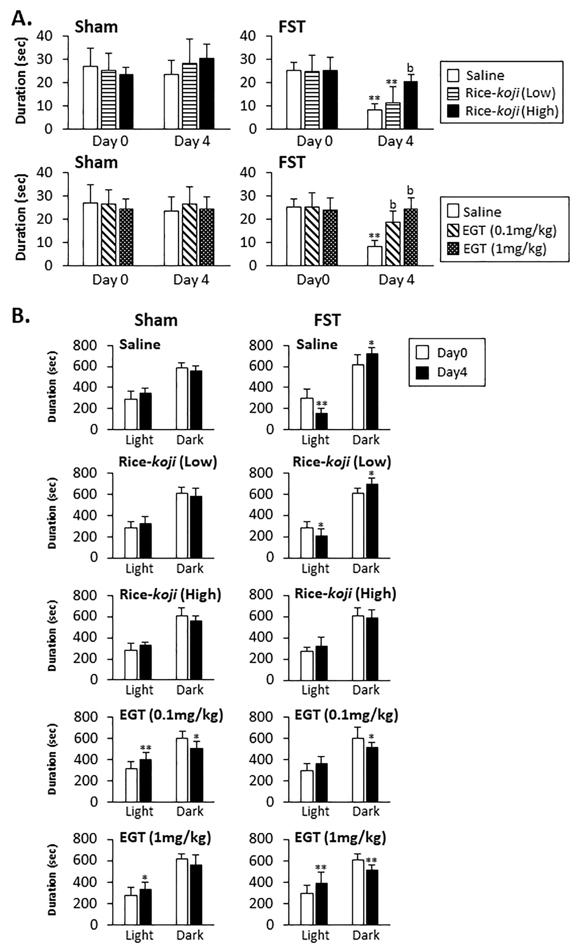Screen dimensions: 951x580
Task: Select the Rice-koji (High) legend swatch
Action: [x=453, y=111]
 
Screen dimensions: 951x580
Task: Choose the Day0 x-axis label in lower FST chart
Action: [x=313, y=280]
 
